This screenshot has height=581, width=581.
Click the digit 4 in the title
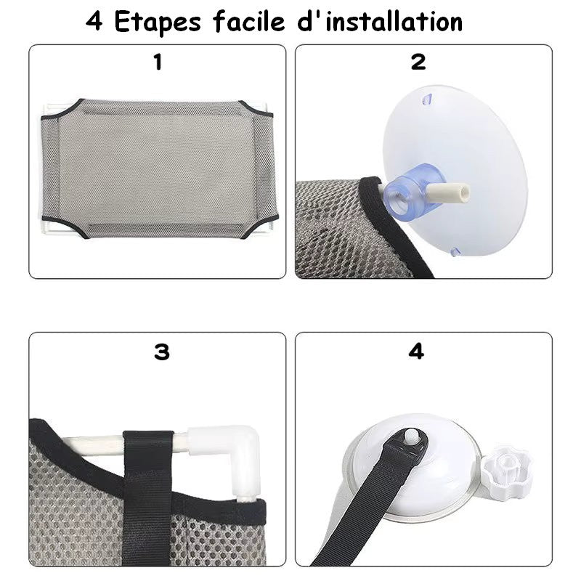pyautogui.click(x=94, y=22)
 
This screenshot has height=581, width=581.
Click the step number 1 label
pyautogui.click(x=158, y=62)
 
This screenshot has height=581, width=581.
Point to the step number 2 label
pyautogui.click(x=418, y=62)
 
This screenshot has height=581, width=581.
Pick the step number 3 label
pyautogui.click(x=161, y=352)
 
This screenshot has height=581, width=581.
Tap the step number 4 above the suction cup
pyautogui.click(x=416, y=352)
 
